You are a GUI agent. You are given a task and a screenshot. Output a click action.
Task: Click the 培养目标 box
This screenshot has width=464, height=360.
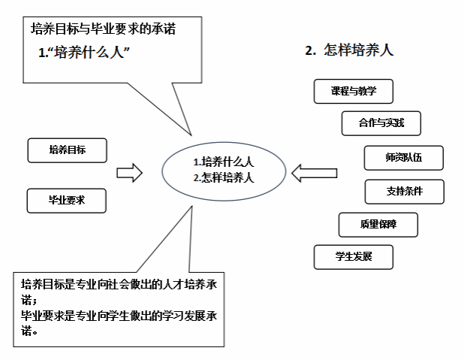67,150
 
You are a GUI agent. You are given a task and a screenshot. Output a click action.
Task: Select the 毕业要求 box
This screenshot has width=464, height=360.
67,201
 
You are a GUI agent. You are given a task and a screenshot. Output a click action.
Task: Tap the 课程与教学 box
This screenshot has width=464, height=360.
353,92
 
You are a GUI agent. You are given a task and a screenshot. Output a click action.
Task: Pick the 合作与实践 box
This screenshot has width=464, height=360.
381,123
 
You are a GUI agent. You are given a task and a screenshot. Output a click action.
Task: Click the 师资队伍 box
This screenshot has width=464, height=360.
403,158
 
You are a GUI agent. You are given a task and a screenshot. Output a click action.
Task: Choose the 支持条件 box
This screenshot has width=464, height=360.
404,192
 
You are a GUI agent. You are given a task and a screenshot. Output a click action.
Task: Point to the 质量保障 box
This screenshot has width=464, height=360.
378,224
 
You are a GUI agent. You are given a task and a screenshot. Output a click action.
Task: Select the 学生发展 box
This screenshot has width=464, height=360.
354,257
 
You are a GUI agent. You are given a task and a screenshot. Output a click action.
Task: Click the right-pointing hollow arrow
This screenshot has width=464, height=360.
129,173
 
